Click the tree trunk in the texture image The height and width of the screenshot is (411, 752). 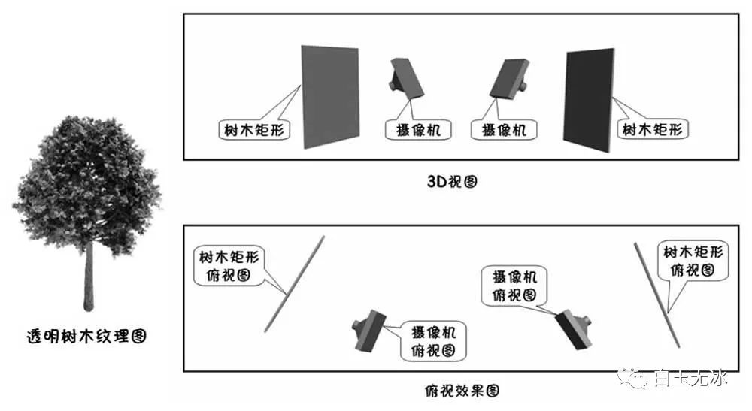click(89, 278)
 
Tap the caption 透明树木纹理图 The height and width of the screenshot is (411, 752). click(86, 336)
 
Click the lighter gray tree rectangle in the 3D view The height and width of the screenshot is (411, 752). click(329, 97)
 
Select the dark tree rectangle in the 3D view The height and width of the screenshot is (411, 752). click(589, 100)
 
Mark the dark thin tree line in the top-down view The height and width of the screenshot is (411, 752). click(657, 294)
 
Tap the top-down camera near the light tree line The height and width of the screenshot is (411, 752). click(369, 330)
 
